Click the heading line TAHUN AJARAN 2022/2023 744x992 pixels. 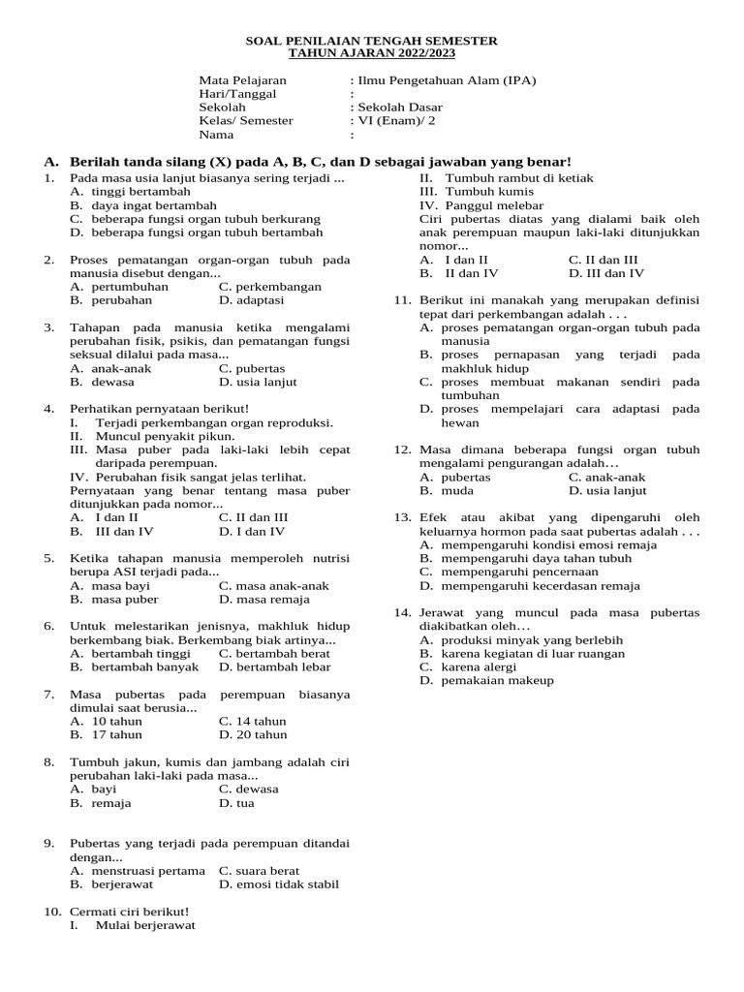(x=372, y=54)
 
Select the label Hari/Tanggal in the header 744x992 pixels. (x=237, y=94)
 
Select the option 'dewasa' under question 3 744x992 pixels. (x=115, y=382)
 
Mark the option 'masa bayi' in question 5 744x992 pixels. (x=121, y=585)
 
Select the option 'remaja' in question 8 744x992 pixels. (x=111, y=802)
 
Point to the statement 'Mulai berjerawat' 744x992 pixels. (x=145, y=924)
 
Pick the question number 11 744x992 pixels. (x=402, y=300)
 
